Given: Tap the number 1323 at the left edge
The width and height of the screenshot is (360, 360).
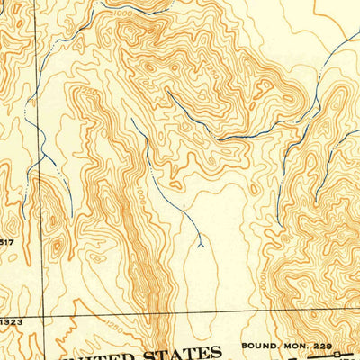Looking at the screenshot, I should (11, 321).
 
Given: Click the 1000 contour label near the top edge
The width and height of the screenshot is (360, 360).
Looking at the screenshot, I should (123, 14).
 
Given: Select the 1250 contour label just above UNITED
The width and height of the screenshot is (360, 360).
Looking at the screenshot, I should (112, 327).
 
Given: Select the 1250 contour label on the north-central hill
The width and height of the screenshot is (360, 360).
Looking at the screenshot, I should (144, 65).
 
